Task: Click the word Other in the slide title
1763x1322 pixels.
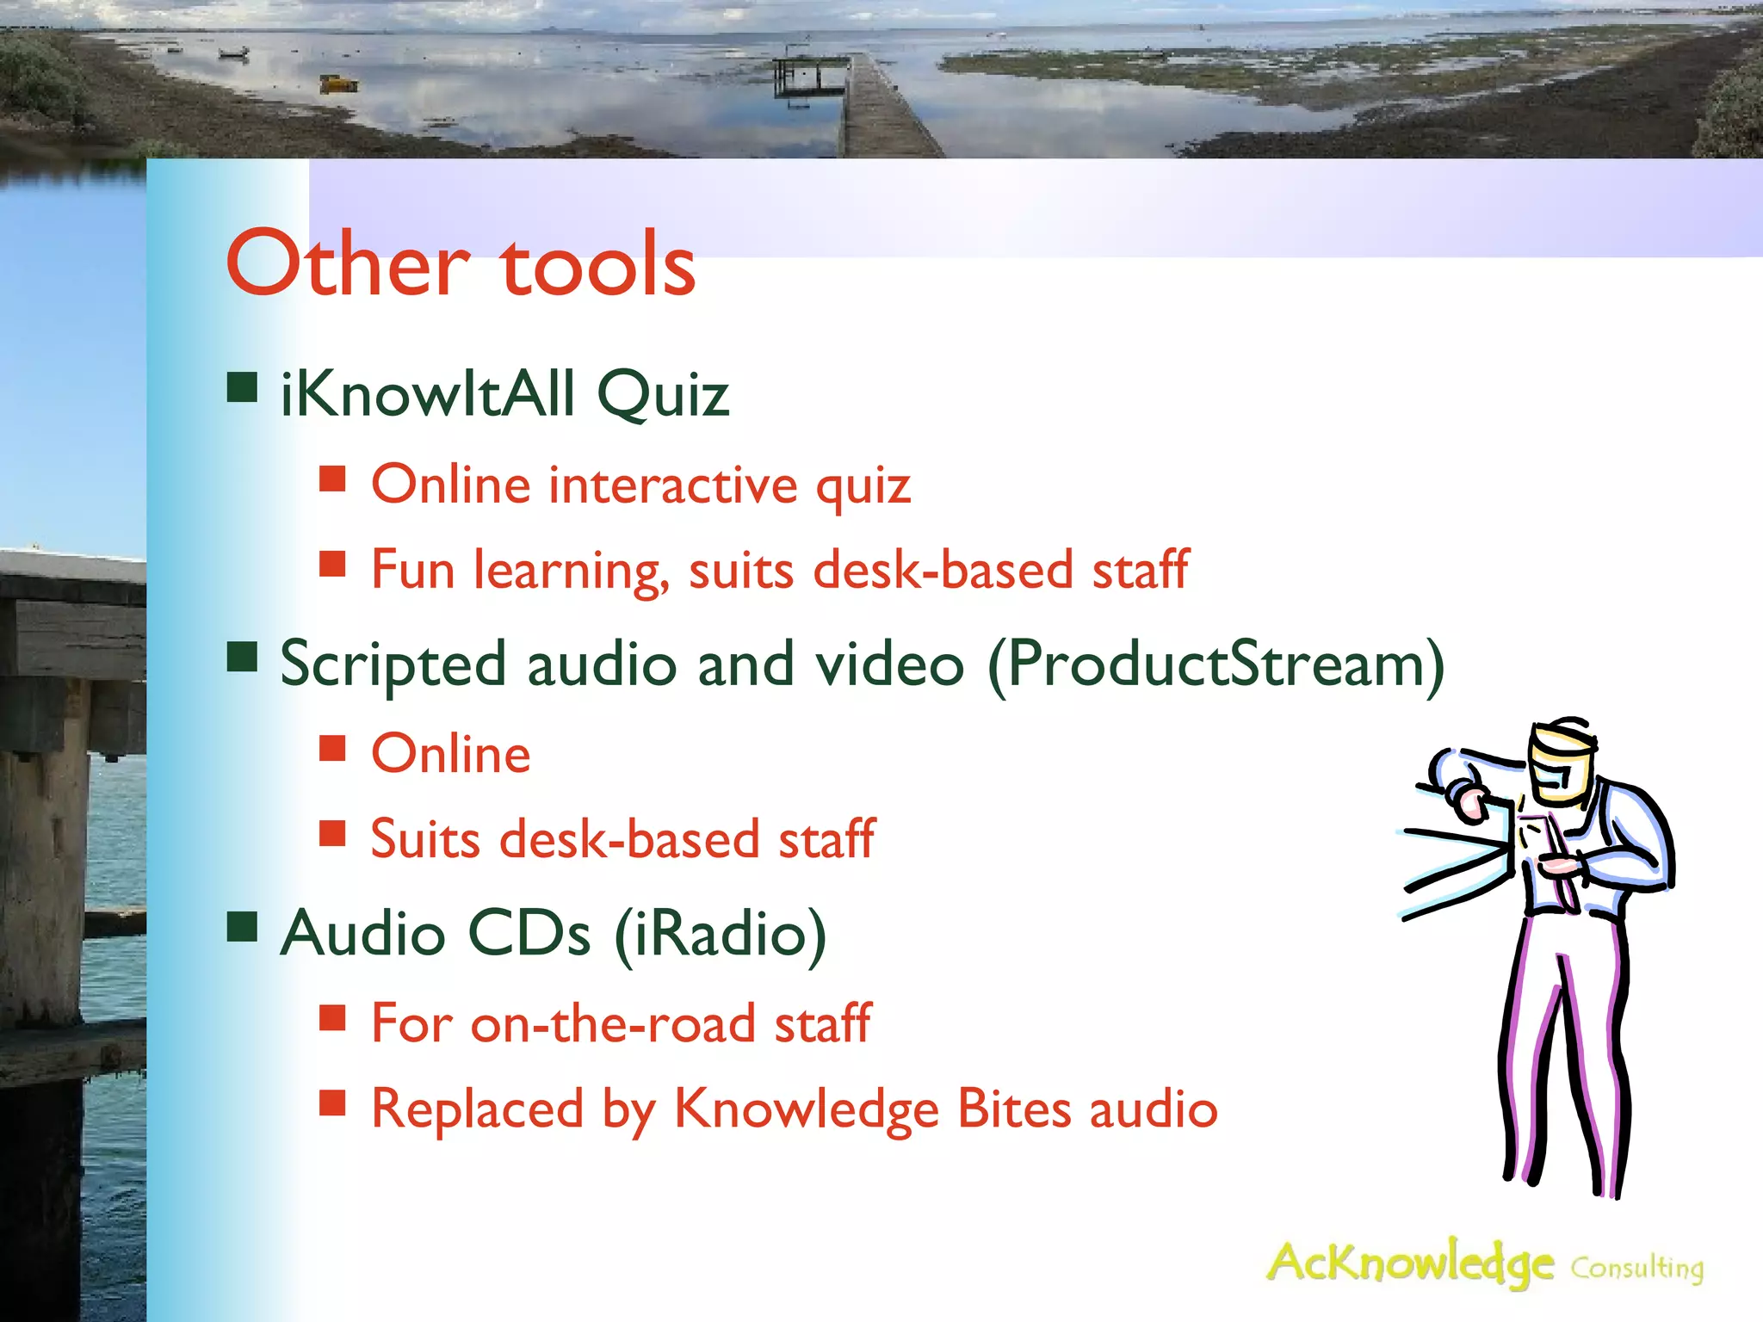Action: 349,264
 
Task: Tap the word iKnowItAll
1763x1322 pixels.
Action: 428,394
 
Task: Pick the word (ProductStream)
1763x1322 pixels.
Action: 1216,665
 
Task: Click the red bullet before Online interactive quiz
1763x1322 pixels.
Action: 332,479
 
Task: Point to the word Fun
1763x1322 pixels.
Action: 412,570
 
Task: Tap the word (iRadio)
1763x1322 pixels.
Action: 721,935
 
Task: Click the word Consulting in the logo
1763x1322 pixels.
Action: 1636,1269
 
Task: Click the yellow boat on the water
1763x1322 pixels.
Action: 338,83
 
